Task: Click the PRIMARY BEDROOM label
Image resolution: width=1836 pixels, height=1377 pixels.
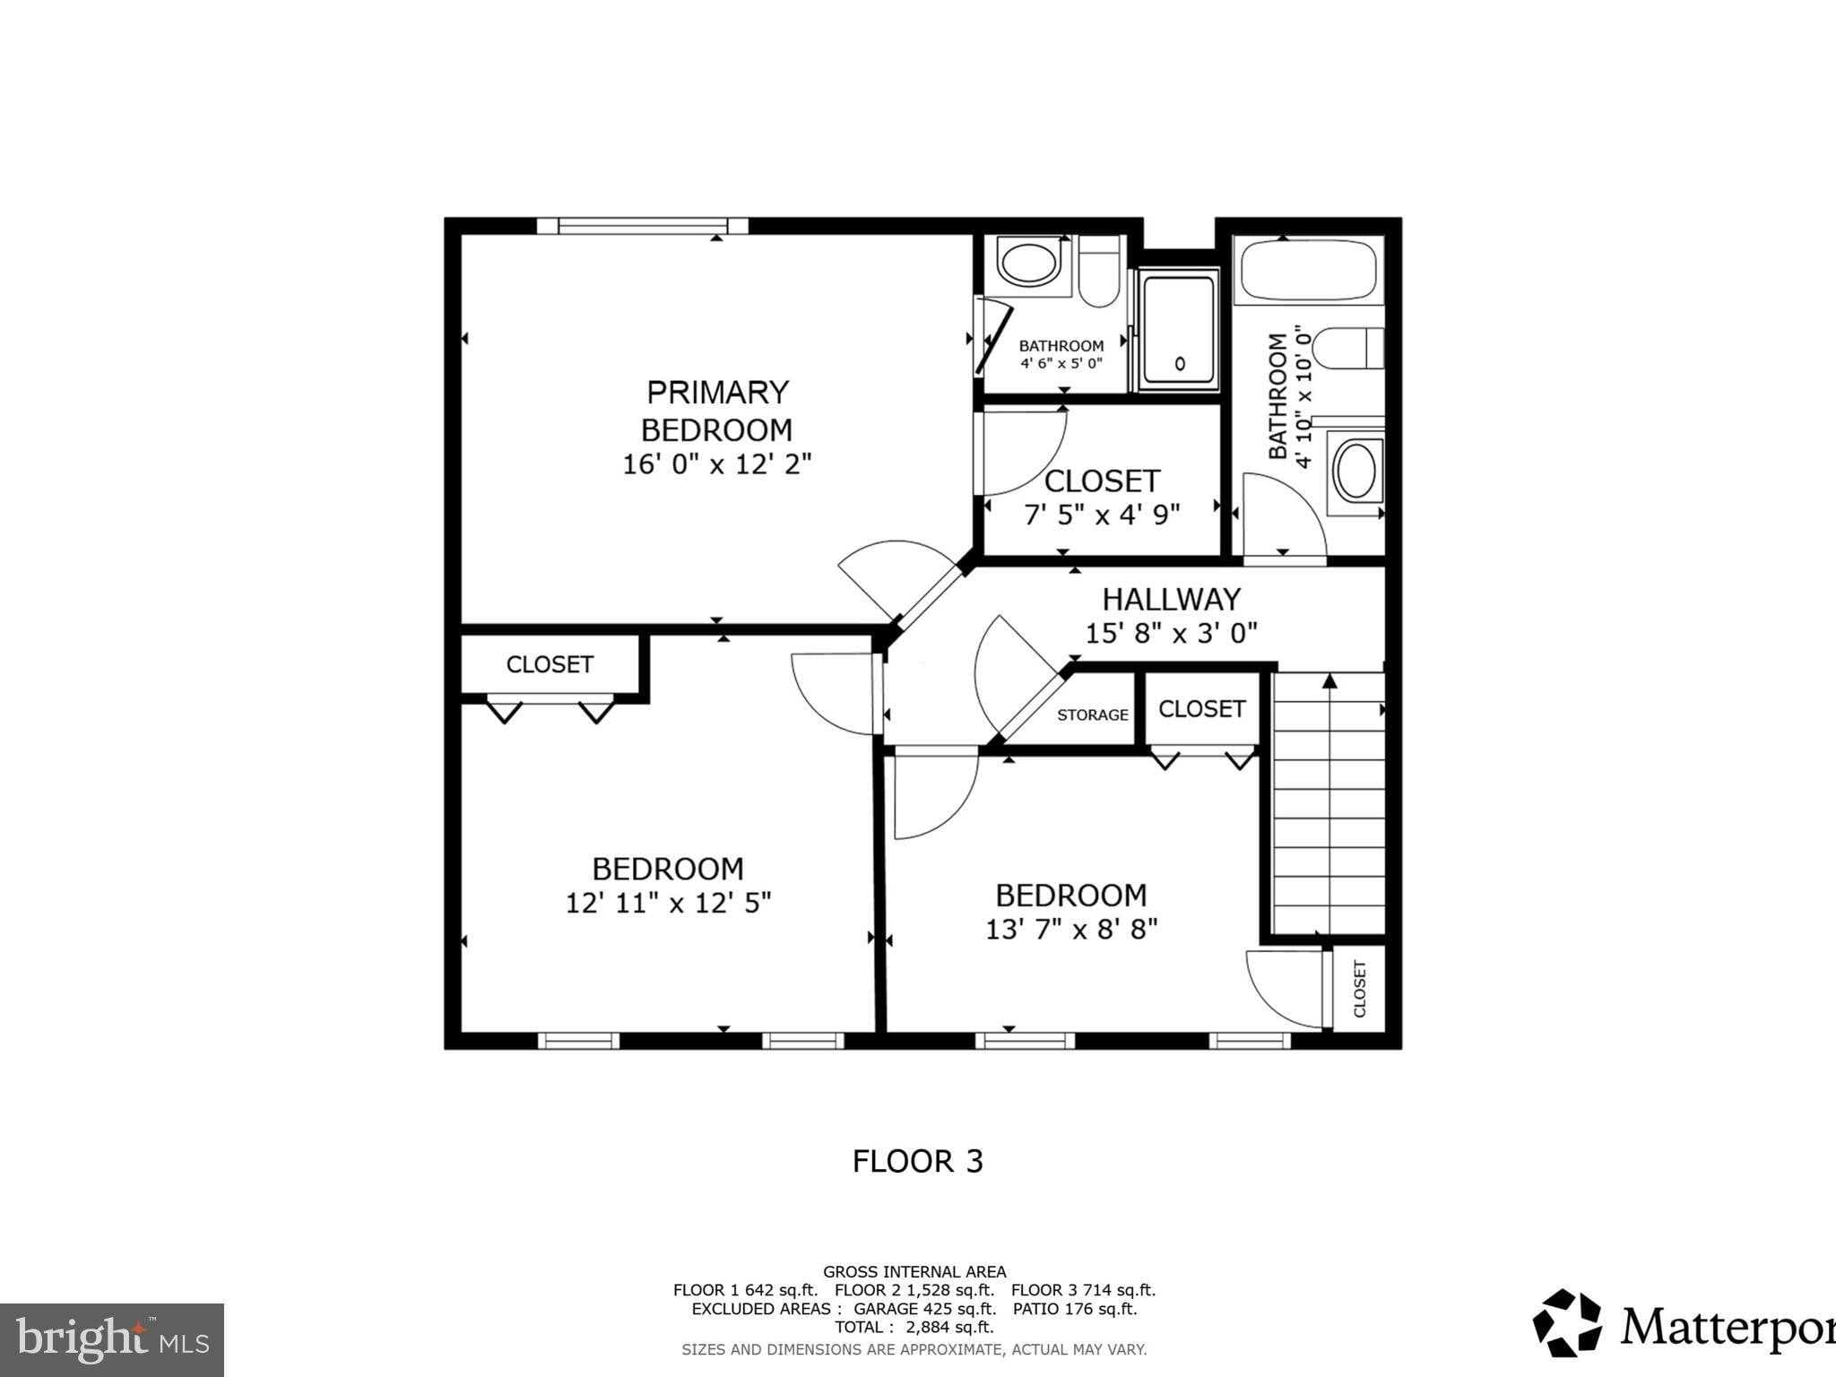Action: tap(717, 411)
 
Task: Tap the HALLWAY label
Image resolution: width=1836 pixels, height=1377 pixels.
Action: tap(1171, 599)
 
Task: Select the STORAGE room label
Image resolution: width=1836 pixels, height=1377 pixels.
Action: tap(1092, 714)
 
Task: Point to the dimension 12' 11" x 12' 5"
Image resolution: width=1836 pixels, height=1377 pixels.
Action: tap(668, 903)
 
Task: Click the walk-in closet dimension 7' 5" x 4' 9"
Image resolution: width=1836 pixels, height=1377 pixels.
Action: tap(1102, 515)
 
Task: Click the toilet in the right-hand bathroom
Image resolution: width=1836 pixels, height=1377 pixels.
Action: tap(1354, 349)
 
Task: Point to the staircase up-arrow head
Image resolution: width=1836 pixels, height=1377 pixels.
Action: tap(1329, 681)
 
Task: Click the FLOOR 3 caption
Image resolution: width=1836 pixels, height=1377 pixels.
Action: tap(917, 1162)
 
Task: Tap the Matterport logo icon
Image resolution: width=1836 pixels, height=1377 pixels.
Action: tap(1566, 1322)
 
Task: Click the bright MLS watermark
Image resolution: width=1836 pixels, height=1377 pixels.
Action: tap(111, 1340)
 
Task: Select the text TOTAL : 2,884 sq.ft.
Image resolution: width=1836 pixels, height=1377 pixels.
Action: tap(914, 1327)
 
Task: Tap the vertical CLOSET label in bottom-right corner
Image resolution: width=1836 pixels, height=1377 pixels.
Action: tap(1359, 989)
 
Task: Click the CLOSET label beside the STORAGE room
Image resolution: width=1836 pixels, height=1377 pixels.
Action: tap(1201, 709)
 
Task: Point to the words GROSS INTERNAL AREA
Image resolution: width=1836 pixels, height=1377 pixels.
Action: tap(914, 1271)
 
